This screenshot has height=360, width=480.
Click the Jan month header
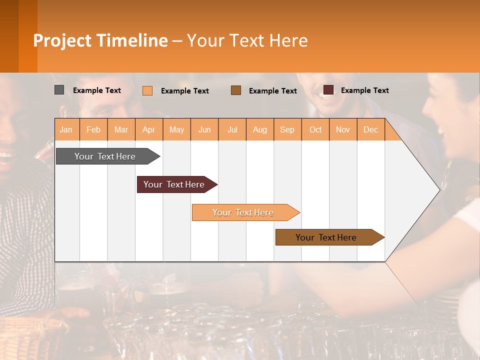(x=66, y=130)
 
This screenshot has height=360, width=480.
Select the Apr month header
(x=149, y=130)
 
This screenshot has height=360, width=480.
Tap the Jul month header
(x=232, y=130)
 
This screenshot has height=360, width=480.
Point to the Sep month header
(x=287, y=130)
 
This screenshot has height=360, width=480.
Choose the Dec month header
(x=370, y=130)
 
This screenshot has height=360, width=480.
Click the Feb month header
(x=93, y=130)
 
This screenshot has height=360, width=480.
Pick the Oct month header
(x=315, y=130)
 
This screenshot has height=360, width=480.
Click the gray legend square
(x=59, y=90)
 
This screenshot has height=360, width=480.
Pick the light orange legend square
(x=147, y=90)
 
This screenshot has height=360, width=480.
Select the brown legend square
(x=236, y=90)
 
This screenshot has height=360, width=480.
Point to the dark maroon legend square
(x=328, y=90)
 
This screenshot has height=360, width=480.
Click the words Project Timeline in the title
(x=100, y=40)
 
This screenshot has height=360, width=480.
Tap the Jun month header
(x=204, y=130)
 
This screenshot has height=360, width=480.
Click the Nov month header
(x=343, y=130)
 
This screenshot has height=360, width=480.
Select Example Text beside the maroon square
(x=364, y=90)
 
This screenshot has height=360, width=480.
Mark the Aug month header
(x=260, y=130)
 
